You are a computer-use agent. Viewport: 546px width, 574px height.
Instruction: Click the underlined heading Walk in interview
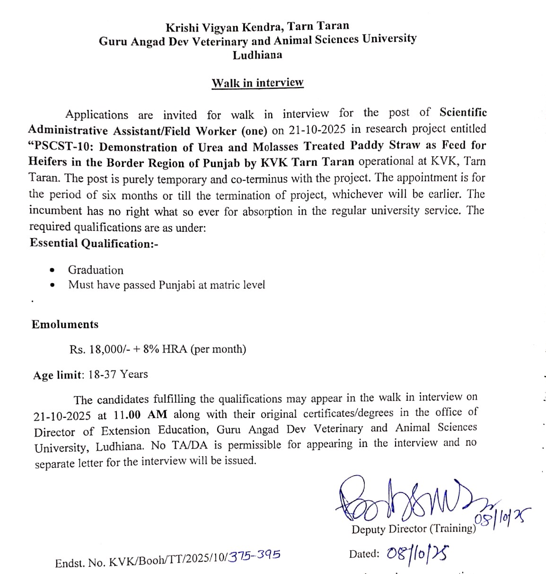257,83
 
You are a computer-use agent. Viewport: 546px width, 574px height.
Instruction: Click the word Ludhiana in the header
257,55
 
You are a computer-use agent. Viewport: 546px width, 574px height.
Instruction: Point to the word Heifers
48,162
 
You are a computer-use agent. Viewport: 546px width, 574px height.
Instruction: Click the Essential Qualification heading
94,243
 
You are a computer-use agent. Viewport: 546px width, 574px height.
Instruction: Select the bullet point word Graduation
96,270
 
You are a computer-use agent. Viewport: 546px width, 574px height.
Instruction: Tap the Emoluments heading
65,325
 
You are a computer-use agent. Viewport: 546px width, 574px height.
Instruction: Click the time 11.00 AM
141,415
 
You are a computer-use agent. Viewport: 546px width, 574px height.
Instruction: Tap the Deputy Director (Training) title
414,529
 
